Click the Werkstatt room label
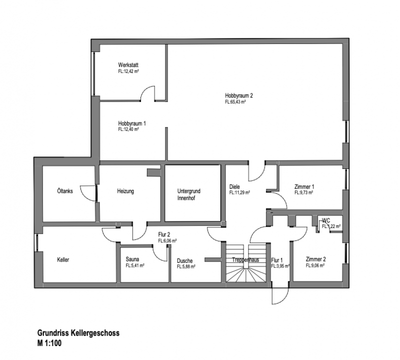pos(128,65)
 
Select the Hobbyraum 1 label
pos(132,123)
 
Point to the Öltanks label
pos(65,191)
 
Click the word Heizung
pos(125,191)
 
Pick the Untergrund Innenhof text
pos(188,194)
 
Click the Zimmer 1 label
pos(304,186)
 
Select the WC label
pos(326,220)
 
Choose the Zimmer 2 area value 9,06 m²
pos(316,266)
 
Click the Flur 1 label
pos(277,260)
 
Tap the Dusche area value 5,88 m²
pos(186,266)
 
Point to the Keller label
pos(63,260)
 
